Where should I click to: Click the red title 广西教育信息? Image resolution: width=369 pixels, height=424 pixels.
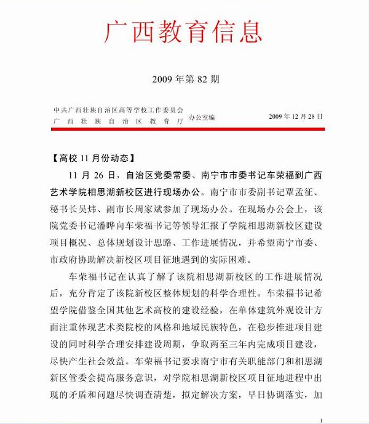point(184,29)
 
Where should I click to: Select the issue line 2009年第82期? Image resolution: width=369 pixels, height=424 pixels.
point(184,79)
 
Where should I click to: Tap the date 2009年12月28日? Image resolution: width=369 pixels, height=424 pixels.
point(295,116)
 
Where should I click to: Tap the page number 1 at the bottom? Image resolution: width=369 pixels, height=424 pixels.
point(321,420)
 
